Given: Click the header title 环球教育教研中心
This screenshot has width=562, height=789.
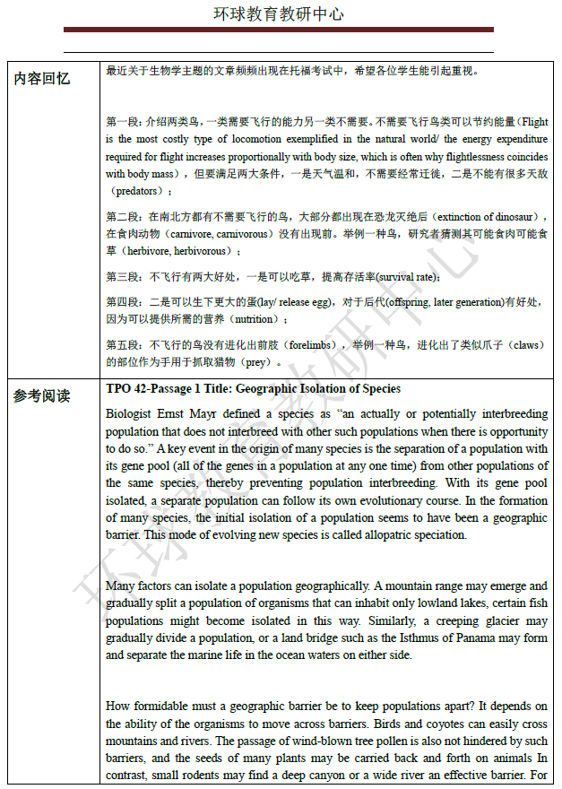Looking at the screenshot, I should (278, 15).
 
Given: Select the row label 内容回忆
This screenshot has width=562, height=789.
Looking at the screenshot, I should (41, 79).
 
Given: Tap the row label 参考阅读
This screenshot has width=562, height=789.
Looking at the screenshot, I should (41, 395).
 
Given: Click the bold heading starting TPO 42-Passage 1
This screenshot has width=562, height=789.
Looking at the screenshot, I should (253, 389).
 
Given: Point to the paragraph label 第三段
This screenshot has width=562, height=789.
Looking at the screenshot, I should (123, 277).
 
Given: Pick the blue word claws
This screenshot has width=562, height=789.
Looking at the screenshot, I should (526, 345).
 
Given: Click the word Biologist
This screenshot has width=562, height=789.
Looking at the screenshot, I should (129, 414).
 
